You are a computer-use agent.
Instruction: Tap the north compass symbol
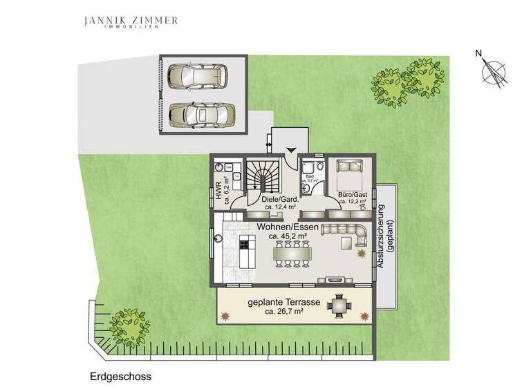click(494, 72)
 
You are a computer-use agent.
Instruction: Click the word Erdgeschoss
click(120, 377)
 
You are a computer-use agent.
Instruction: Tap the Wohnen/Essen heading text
click(288, 227)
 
